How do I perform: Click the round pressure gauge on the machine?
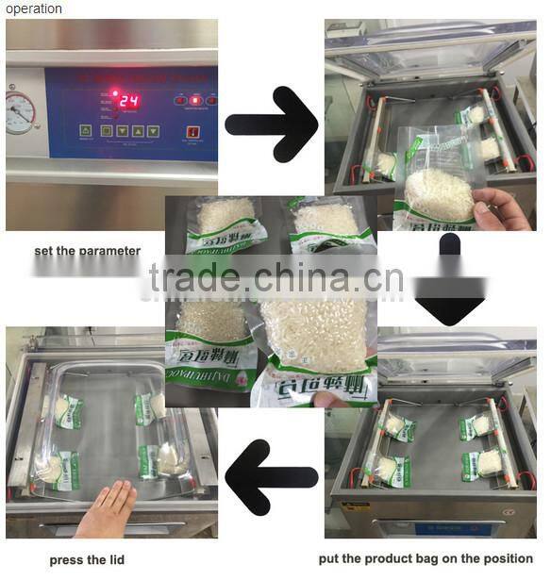(x=19, y=112)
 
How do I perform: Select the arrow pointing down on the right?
(x=449, y=280)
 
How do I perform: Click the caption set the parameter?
(x=87, y=251)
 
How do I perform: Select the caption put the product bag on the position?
(x=426, y=559)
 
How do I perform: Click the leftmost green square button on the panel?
(x=87, y=131)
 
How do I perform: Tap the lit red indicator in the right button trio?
(x=196, y=99)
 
